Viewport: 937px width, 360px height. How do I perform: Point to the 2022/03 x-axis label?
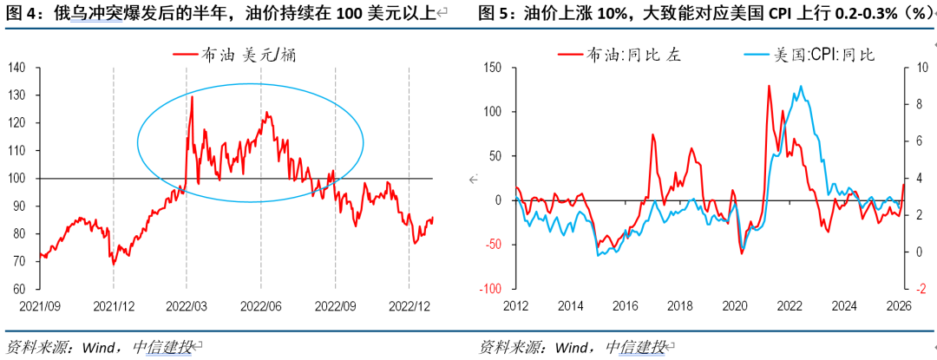pos(187,305)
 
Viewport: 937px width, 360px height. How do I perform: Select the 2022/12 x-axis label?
pos(409,305)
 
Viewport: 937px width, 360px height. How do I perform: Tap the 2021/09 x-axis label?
pos(40,305)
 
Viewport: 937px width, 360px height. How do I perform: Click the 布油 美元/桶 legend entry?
pos(241,55)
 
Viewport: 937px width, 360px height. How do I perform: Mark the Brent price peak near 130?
pos(192,96)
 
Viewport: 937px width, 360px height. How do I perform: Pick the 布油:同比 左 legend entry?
pos(633,55)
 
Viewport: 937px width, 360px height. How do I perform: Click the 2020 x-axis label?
pos(735,305)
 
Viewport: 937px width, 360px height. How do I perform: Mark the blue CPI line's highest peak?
pos(800,86)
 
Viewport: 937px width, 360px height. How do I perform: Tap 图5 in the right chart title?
pos(494,13)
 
